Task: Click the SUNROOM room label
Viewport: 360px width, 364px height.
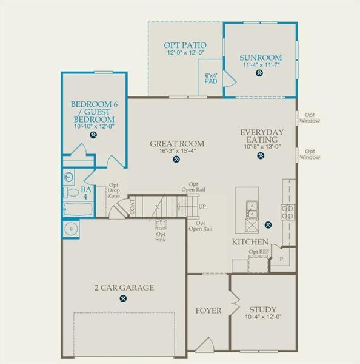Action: (x=261, y=58)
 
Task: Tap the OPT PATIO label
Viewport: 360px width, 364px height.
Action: (x=185, y=45)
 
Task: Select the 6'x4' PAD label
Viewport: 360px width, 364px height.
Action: (x=210, y=78)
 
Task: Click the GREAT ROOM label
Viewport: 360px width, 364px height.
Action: (x=177, y=144)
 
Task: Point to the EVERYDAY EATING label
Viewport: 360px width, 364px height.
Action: (x=262, y=135)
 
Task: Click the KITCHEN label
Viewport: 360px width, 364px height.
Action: (x=250, y=241)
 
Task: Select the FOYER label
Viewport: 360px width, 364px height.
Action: (x=208, y=311)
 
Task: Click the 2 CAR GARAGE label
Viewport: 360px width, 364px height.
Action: (x=124, y=288)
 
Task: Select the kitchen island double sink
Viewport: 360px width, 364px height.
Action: (x=251, y=209)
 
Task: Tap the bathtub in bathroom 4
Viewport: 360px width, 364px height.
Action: (x=78, y=211)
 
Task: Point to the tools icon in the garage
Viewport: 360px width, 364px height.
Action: (x=124, y=298)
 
